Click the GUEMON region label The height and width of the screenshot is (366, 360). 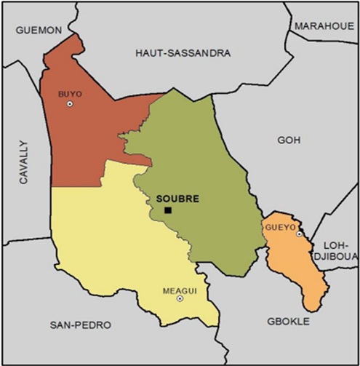coord(39,30)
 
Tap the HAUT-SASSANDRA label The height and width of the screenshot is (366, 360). coord(183,53)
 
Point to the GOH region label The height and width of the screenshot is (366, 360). coord(289,140)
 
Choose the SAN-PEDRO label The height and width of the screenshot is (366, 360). coord(81,324)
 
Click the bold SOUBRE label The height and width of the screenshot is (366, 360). coord(177,198)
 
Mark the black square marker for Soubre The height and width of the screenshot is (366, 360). coord(168,210)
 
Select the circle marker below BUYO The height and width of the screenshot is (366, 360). coord(70,104)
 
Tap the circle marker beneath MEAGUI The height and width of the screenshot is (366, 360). coord(180,298)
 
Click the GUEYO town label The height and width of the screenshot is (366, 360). coord(280,228)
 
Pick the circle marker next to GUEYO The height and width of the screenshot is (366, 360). coord(299,234)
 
